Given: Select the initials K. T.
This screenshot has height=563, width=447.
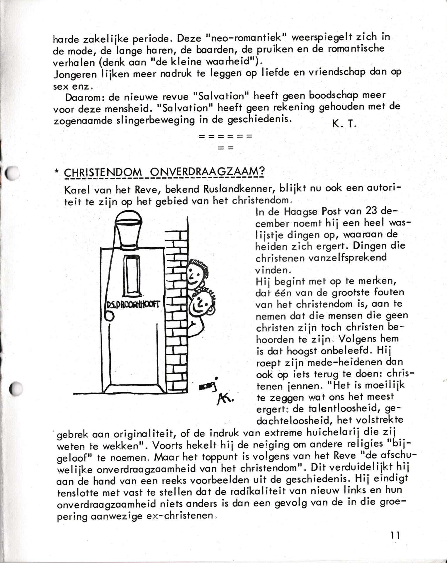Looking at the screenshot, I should [344, 124].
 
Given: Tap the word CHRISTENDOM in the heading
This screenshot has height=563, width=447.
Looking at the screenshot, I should [102, 172].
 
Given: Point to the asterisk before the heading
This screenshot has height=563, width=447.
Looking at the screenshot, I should [57, 172].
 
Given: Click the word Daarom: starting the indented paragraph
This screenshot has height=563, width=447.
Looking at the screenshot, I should [83, 97].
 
